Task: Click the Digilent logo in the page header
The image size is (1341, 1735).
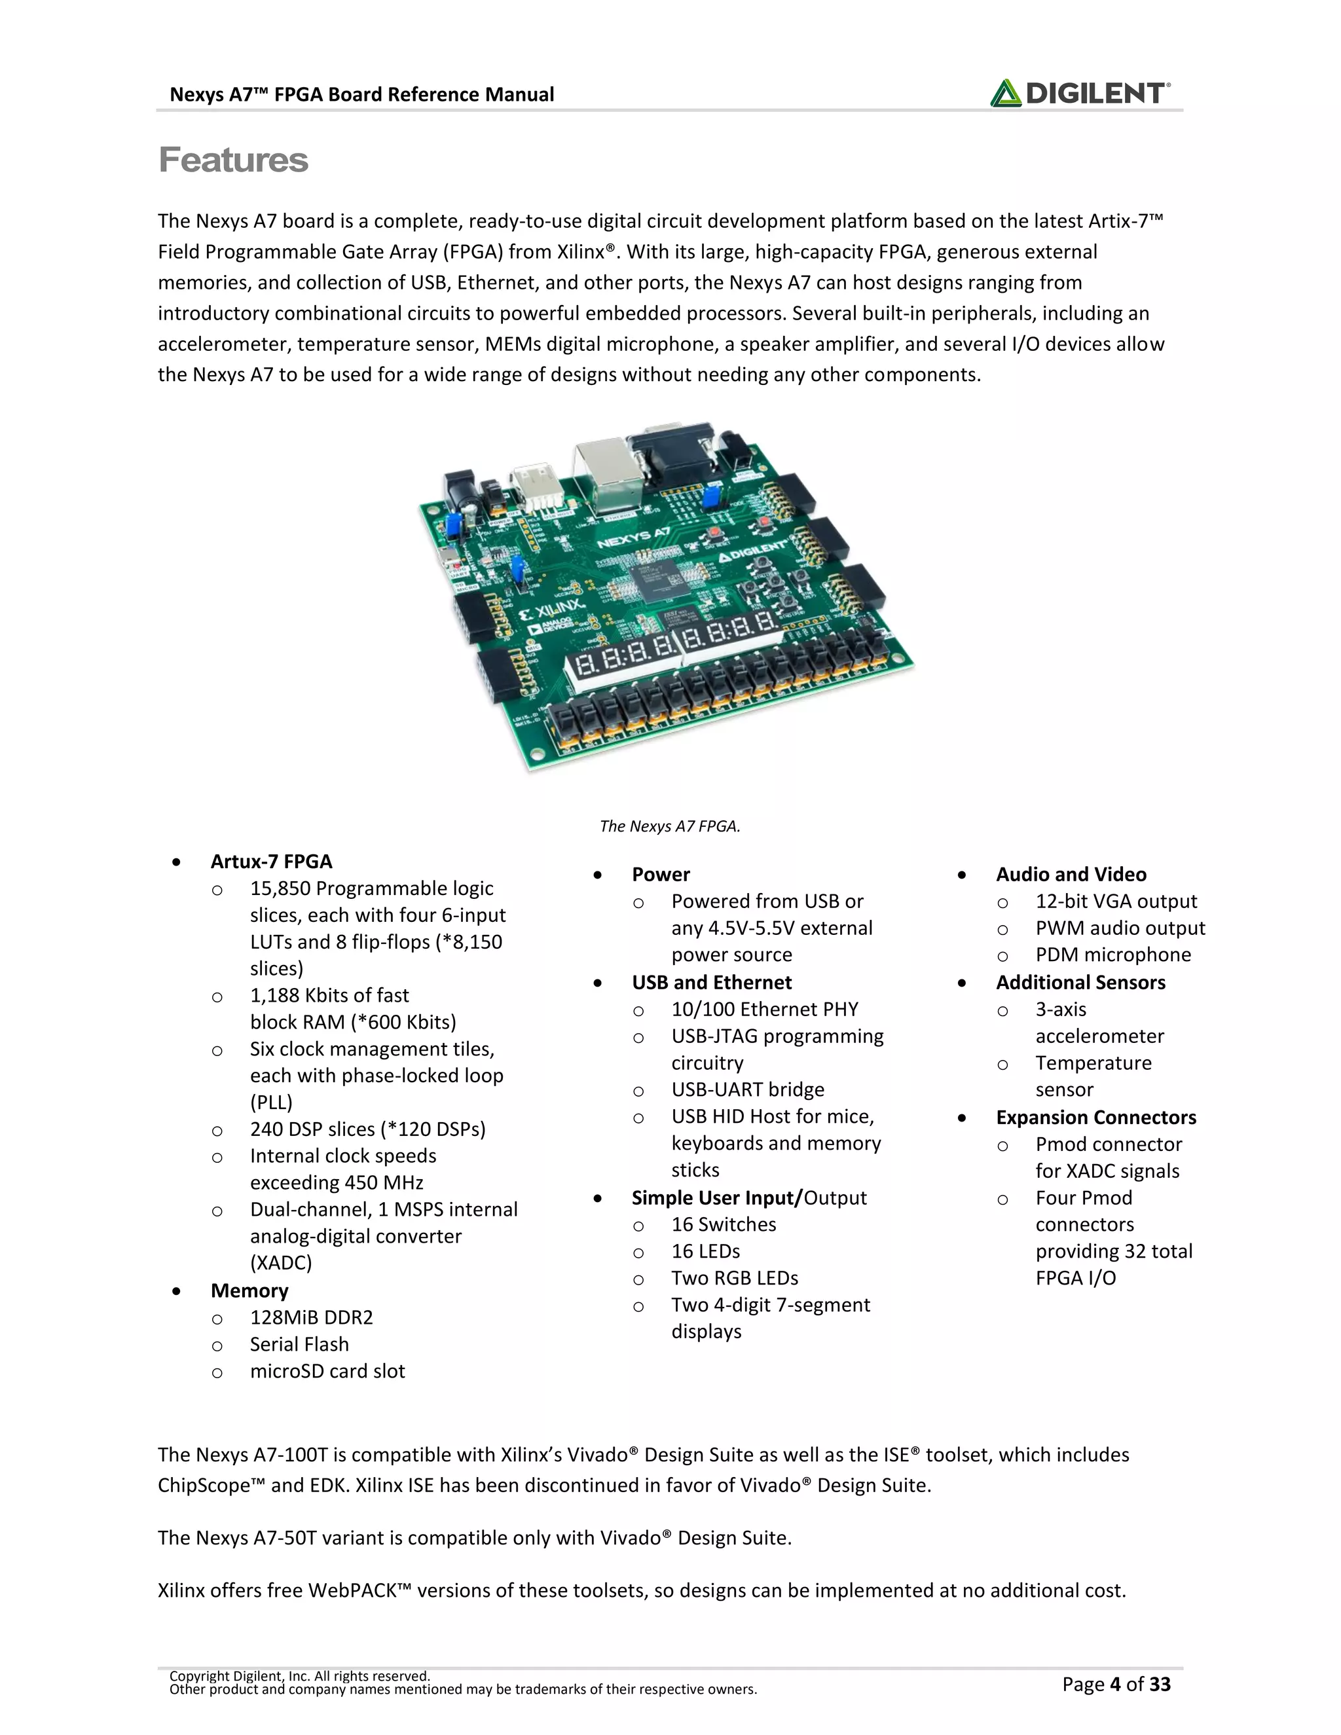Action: click(1079, 93)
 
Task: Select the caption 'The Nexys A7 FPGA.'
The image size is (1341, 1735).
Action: click(669, 826)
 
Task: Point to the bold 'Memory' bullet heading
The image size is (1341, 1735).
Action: click(249, 1290)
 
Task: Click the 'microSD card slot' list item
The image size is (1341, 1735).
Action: click(327, 1370)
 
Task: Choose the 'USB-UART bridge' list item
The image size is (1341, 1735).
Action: click(748, 1089)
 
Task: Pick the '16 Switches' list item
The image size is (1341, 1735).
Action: click(724, 1224)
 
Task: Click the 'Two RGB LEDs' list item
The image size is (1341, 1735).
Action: click(734, 1277)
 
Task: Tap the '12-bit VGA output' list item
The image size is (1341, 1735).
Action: click(1115, 901)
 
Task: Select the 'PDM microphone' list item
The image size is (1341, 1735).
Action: click(1113, 954)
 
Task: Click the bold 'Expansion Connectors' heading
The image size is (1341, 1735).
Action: click(1095, 1117)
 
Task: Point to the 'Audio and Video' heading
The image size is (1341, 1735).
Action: click(1071, 874)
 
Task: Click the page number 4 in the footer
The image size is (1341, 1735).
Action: click(1115, 1684)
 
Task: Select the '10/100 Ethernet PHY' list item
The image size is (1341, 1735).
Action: click(764, 1009)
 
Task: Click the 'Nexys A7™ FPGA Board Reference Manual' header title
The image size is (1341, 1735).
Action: click(361, 94)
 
